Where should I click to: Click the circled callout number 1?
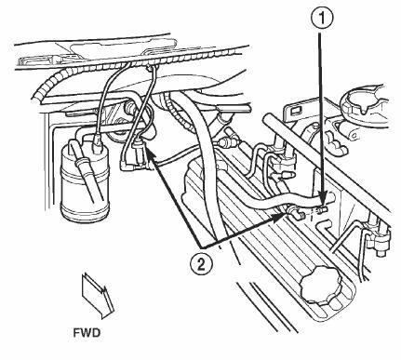point(322,19)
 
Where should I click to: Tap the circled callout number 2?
point(201,264)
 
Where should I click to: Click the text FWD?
point(87,333)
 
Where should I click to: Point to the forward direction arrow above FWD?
point(98,295)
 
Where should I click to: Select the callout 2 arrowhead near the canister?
point(151,153)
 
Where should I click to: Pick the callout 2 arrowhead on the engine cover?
point(277,218)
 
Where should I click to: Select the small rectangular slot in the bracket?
point(295,110)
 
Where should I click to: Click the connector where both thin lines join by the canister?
point(139,149)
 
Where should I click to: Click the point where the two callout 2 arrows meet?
point(201,248)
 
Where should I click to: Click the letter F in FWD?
point(76,333)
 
